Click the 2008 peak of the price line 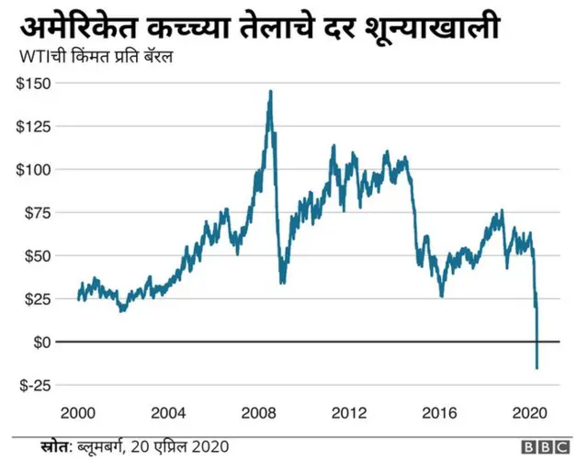click(270, 91)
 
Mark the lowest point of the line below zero click(537, 368)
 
